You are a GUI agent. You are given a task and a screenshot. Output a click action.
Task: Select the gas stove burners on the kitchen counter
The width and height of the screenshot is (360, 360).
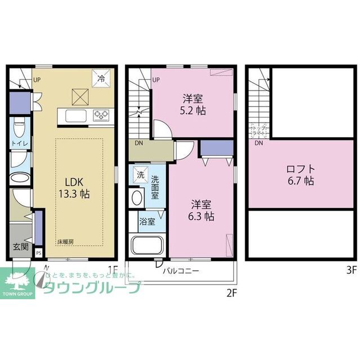click(102, 116)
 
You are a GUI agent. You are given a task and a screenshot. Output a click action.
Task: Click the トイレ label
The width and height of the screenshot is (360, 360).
click(17, 145)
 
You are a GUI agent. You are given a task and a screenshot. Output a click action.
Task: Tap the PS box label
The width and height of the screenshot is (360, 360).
click(38, 253)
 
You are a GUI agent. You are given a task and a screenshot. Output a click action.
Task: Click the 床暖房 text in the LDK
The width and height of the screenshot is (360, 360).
click(65, 242)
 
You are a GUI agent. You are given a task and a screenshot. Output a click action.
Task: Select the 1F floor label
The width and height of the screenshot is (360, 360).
click(112, 269)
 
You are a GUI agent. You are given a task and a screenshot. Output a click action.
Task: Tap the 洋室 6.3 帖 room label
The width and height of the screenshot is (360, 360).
click(201, 209)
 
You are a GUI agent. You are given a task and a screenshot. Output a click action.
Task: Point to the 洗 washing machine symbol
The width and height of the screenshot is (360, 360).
click(139, 175)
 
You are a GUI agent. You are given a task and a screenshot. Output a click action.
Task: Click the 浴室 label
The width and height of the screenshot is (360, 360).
click(147, 222)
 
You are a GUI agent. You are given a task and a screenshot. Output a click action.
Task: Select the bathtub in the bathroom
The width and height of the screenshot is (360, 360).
click(146, 246)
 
